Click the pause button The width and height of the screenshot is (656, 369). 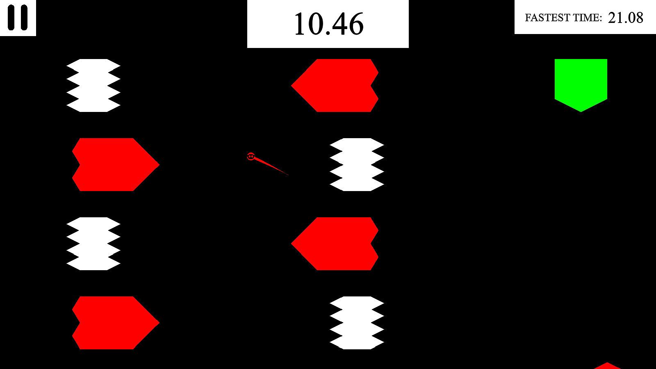tap(18, 18)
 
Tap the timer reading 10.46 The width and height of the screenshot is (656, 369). tap(329, 24)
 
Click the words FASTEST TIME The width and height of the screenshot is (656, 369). tap(563, 18)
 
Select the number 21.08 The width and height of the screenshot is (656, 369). tap(626, 18)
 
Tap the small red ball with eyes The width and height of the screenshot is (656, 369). tap(251, 157)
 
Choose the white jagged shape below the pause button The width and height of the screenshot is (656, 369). tap(93, 85)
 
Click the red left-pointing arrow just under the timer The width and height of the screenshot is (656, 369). tap(335, 85)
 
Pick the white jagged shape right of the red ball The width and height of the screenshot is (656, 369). tap(357, 164)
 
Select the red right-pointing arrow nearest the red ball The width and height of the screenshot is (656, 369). tap(116, 164)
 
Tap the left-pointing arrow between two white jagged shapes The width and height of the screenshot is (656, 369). tap(335, 244)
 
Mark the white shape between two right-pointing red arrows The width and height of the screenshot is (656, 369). tap(93, 244)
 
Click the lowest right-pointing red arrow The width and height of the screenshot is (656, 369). tap(116, 323)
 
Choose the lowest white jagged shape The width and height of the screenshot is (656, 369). tap(357, 323)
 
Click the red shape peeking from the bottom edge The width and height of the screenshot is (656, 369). tap(607, 366)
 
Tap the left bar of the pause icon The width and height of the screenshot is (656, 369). tap(11, 18)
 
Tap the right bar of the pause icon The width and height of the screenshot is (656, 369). tap(23, 18)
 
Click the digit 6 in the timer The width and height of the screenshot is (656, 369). tap(355, 24)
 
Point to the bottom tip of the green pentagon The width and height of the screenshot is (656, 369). tap(581, 112)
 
